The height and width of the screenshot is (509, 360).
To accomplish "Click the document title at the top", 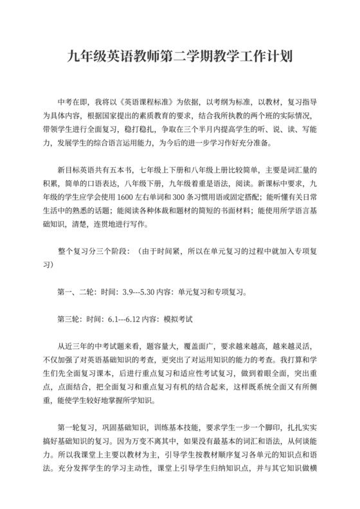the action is pyautogui.click(x=180, y=57).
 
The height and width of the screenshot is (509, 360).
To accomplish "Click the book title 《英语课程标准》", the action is pyautogui.click(x=141, y=102).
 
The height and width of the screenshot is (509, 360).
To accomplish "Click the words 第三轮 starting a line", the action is pyautogui.click(x=70, y=318).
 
